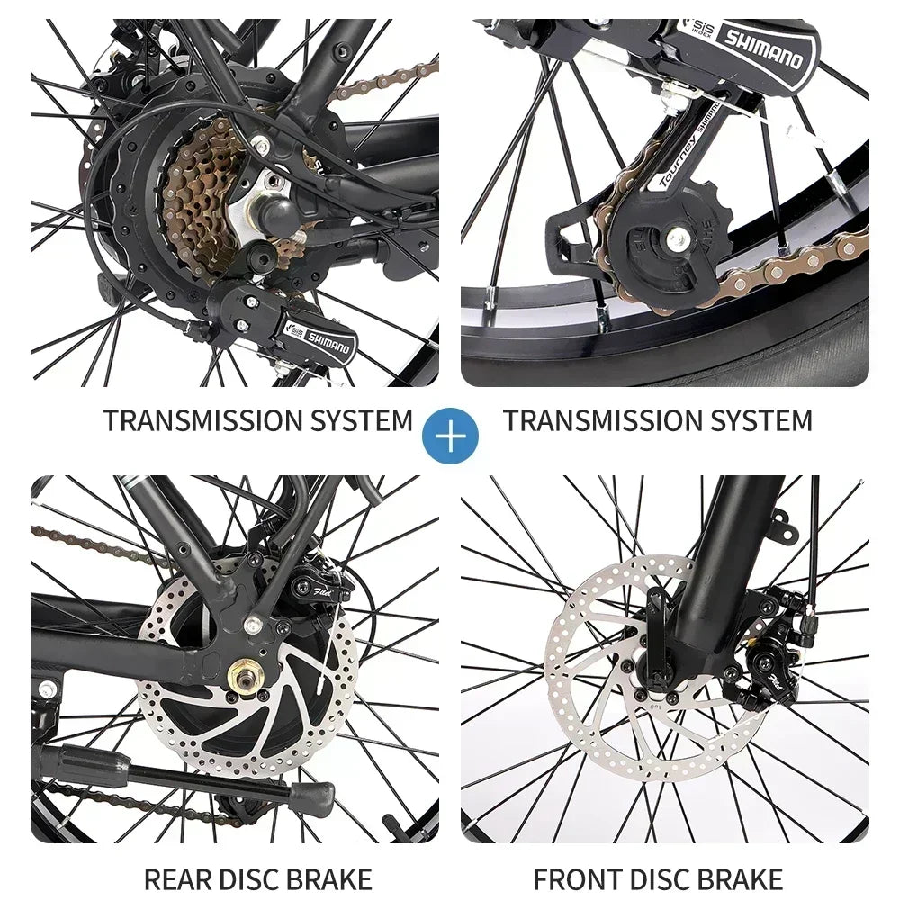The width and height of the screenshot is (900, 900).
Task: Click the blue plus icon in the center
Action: pyautogui.click(x=451, y=435)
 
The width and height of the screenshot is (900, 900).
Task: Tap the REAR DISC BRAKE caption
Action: pyautogui.click(x=258, y=877)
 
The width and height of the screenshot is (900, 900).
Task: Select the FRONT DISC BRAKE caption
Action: pyautogui.click(x=658, y=877)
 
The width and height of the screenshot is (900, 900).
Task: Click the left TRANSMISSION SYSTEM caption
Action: pyautogui.click(x=258, y=420)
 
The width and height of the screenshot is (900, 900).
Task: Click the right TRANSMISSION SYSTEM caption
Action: pyautogui.click(x=658, y=420)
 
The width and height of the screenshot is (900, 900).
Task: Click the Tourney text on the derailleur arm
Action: pyautogui.click(x=677, y=166)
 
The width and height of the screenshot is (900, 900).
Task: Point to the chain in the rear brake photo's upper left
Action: pyautogui.click(x=81, y=544)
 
